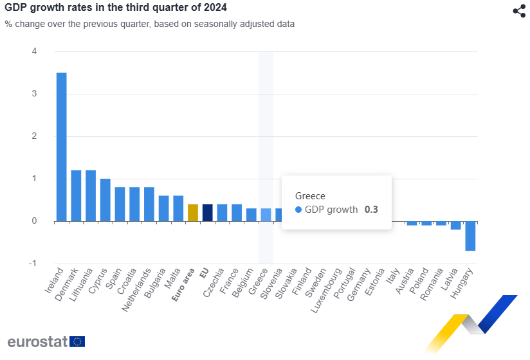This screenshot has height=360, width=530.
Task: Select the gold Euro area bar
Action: [193, 213]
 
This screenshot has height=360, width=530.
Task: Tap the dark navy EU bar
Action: [207, 213]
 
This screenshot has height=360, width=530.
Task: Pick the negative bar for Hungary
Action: [470, 236]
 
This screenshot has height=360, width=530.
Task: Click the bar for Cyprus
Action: [105, 200]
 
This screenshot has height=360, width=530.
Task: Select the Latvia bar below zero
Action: [456, 226]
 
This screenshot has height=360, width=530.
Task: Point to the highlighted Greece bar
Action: [266, 215]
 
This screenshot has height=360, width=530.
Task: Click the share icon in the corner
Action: [519, 11]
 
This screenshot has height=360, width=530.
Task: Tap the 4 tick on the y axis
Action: [34, 51]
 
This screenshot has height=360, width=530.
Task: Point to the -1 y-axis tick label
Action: [33, 264]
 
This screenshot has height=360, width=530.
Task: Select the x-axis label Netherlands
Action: [136, 290]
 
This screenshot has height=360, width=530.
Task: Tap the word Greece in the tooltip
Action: [310, 195]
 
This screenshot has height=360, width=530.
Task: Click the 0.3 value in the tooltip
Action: [371, 210]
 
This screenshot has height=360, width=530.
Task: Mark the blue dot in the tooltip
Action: [298, 210]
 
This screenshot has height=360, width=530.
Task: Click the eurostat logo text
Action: [37, 341]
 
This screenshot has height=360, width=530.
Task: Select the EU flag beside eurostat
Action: [78, 341]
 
